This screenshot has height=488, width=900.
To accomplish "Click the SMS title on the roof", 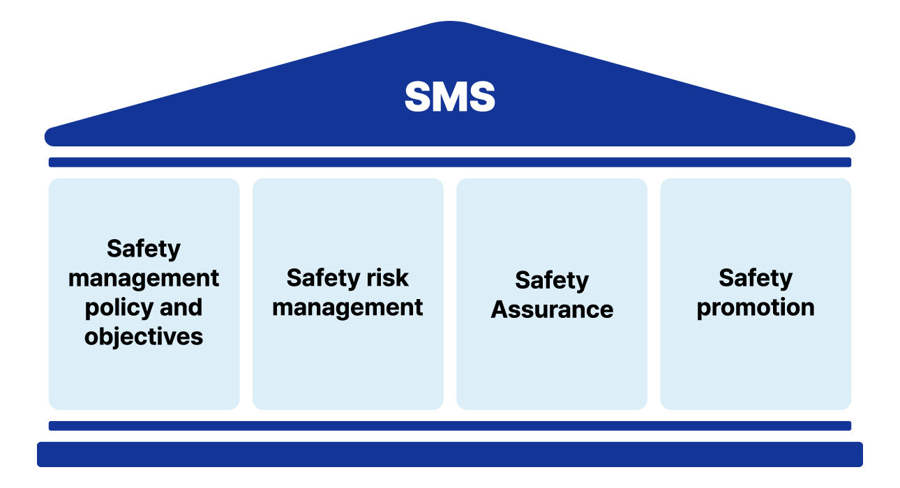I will [450, 98].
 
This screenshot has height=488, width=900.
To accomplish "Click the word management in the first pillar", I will [144, 278].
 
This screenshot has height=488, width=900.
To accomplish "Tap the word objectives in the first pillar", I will [144, 337].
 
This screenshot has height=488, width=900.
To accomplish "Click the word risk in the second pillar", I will [391, 278].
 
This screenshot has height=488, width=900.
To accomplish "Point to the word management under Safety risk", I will [347, 307].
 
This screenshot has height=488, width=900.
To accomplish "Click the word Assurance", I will [552, 310].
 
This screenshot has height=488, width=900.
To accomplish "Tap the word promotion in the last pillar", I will [756, 307].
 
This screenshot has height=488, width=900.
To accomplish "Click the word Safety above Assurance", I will [552, 280].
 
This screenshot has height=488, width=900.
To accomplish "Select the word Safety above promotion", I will [756, 278].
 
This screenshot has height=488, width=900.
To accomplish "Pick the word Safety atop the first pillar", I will [144, 249].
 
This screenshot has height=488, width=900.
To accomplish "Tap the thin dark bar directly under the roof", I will [450, 162].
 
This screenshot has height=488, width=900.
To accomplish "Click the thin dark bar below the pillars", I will [450, 425].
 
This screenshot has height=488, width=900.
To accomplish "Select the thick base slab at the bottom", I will [450, 454].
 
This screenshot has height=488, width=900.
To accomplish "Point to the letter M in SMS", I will [450, 98].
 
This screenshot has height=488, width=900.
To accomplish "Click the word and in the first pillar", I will [181, 307].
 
